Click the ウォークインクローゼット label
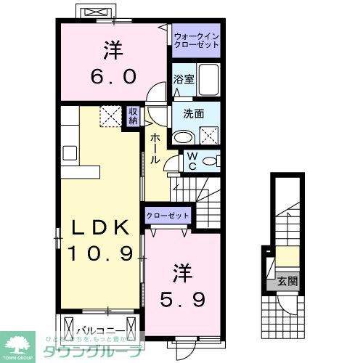[197, 39]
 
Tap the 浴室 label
[184, 80]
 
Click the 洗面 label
[193, 113]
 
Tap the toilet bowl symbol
[211, 160]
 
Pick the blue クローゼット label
[168, 216]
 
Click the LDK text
[102, 228]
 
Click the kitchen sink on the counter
[70, 152]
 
